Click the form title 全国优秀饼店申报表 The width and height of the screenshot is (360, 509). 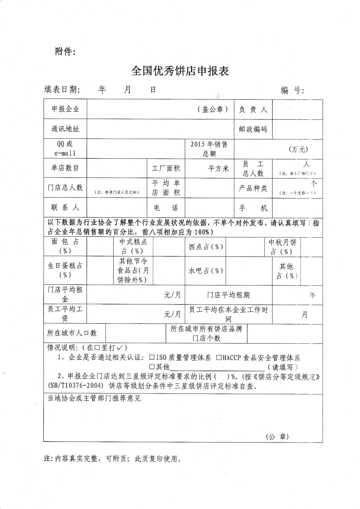pyautogui.click(x=180, y=71)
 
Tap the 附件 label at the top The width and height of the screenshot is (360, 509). pyautogui.click(x=65, y=52)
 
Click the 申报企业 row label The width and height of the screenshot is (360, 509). pyautogui.click(x=65, y=109)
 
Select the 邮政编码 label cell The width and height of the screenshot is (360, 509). pyautogui.click(x=253, y=129)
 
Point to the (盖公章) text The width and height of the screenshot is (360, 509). pyautogui.click(x=213, y=109)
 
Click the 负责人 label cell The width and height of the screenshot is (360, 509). pyautogui.click(x=253, y=109)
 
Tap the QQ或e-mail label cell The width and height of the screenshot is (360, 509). pyautogui.click(x=65, y=149)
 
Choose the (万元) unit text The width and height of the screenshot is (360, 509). pyautogui.click(x=298, y=149)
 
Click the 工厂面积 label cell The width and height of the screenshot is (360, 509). pyautogui.click(x=166, y=168)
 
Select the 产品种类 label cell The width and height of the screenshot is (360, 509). pyautogui.click(x=253, y=188)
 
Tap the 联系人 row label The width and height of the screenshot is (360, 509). pyautogui.click(x=65, y=207)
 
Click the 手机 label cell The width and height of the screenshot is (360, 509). pyautogui.click(x=253, y=208)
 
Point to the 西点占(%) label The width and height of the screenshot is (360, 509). pyautogui.click(x=206, y=247)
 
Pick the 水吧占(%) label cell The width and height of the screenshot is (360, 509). pyautogui.click(x=206, y=271)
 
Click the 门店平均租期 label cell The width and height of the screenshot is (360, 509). pyautogui.click(x=228, y=295)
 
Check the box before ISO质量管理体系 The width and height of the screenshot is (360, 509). pyautogui.click(x=152, y=358)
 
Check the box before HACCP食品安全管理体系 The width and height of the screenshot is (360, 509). pyautogui.click(x=219, y=358)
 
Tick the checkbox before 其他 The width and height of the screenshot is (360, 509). pyautogui.click(x=152, y=367)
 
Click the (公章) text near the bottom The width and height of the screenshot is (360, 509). pyautogui.click(x=277, y=436)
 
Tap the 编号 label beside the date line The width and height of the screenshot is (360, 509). pyautogui.click(x=292, y=90)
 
